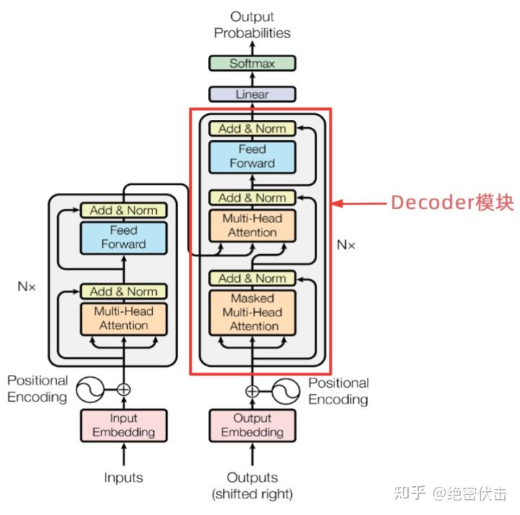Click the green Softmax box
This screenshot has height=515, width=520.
pos(252,64)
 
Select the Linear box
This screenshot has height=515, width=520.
pos(252,94)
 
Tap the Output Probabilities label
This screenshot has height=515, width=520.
pos(252,25)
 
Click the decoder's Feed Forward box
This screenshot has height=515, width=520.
pos(252,156)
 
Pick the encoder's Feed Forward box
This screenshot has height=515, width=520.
pos(123,237)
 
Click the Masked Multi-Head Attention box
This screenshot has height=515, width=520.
pos(252,312)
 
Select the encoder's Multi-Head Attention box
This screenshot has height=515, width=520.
pos(123,319)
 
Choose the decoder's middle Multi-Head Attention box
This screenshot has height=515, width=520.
pos(252,225)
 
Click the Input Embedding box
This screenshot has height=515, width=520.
pos(123,425)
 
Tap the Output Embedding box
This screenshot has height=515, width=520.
pos(252,425)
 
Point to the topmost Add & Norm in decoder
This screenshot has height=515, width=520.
pos(252,129)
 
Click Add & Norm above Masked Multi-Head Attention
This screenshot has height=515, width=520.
pos(252,278)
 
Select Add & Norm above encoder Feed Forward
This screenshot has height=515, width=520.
pos(123,210)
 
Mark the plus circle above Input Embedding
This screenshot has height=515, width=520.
pos(123,389)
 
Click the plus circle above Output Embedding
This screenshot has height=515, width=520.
pos(252,391)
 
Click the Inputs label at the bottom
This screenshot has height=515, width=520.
pos(123,477)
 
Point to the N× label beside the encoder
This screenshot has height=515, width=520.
pos(27,285)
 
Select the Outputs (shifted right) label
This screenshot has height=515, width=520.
pos(252,485)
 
